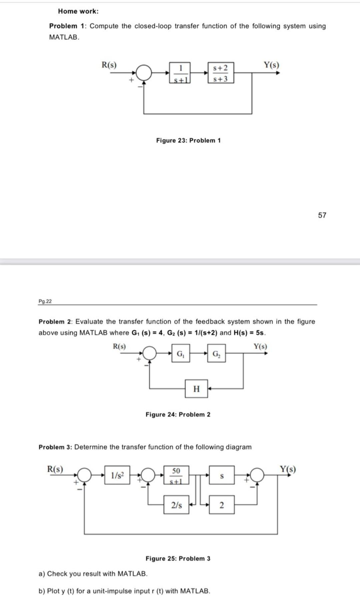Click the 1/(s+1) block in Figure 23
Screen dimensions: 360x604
(180, 73)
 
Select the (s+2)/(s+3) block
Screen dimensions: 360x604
(220, 73)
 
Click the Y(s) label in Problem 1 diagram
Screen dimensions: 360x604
(271, 65)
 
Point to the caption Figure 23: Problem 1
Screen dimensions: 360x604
(188, 140)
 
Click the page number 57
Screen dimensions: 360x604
(322, 215)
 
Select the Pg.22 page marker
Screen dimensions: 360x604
(45, 301)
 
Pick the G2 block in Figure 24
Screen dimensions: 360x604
(216, 354)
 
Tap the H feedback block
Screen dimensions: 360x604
(196, 389)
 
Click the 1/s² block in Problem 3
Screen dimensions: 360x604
(117, 475)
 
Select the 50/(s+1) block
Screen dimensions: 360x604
(176, 475)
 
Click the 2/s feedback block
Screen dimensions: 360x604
(176, 505)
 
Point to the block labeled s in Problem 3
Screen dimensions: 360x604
(222, 475)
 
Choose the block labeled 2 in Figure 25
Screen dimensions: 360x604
(222, 505)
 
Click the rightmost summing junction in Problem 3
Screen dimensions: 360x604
(257, 475)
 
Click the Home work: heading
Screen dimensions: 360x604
(78, 11)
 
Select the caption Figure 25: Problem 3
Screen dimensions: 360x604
(178, 558)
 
